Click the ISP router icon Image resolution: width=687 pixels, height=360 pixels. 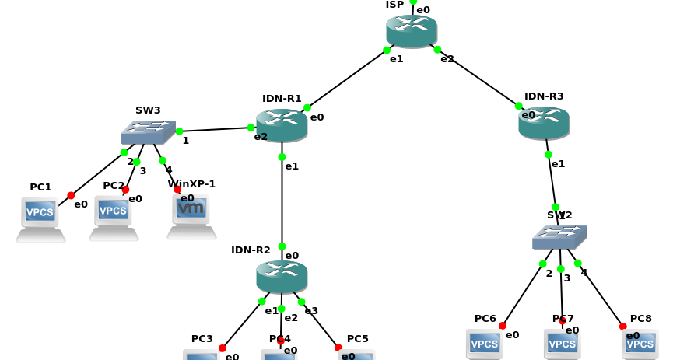[412, 30]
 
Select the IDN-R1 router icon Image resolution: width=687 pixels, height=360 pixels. [282, 124]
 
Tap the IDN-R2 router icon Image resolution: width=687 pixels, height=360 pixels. [282, 276]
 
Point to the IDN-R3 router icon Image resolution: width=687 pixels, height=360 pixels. [544, 123]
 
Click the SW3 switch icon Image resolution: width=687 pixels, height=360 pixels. [148, 132]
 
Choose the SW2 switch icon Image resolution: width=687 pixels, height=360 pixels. [559, 237]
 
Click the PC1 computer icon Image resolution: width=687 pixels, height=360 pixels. [40, 218]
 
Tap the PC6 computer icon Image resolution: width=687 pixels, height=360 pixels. [485, 344]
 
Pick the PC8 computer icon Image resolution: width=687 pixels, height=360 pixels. [640, 344]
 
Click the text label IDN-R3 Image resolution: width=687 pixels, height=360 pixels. [544, 96]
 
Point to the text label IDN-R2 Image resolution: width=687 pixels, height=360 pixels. [251, 250]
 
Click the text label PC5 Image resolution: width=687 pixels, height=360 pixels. [358, 339]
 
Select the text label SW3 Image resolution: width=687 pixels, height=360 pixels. [148, 110]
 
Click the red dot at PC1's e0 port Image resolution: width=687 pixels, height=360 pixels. [71, 195]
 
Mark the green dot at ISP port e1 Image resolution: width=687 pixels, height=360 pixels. [387, 51]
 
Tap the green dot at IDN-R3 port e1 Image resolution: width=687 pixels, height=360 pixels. [549, 154]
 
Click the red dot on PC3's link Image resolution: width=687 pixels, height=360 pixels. [223, 348]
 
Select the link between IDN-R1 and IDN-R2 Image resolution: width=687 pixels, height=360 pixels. [282, 202]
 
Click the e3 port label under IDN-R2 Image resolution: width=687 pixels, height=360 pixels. [311, 311]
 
